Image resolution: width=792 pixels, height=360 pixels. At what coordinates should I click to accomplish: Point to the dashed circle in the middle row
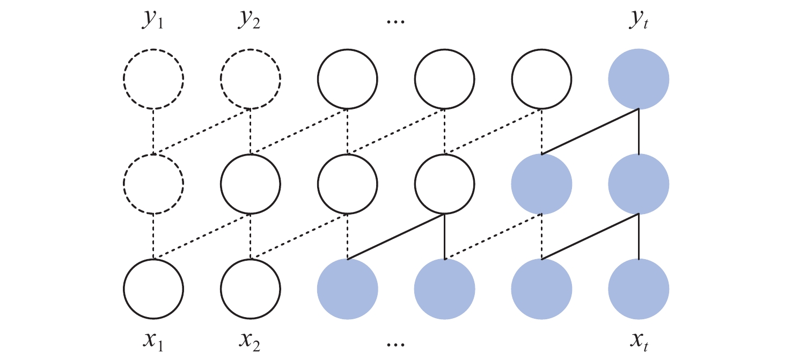pos(153,184)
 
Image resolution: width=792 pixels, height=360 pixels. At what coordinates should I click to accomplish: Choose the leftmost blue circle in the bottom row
pos(348,289)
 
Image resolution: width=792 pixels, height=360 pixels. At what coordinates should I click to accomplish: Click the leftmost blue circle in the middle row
pos(542,184)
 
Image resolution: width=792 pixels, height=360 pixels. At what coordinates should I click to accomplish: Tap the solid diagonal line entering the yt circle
pos(590,131)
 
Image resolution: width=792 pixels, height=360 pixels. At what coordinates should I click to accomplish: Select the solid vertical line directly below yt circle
pos(639,131)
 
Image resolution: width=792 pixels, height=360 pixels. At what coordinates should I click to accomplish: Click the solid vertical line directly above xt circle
pos(639,237)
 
